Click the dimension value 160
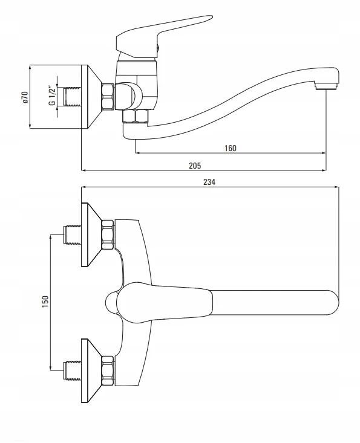(230, 148)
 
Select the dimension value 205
(195, 166)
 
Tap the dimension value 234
(209, 182)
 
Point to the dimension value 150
(45, 302)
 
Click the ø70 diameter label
(25, 97)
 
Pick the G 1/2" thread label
(52, 95)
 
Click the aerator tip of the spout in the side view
(326, 86)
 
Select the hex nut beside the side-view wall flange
(108, 96)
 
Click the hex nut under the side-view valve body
(136, 116)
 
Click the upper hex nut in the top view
(108, 234)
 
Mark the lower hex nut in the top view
(108, 370)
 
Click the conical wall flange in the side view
(91, 97)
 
